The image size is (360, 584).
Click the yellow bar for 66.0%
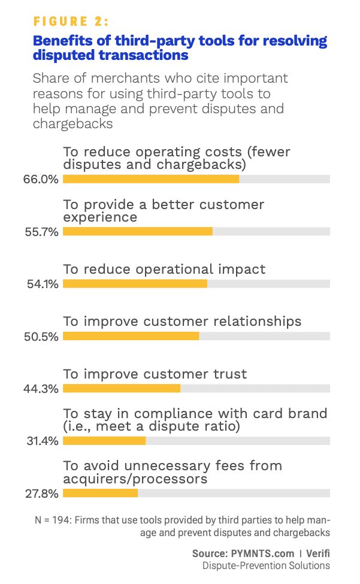[x=151, y=179]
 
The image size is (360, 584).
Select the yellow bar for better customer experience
[x=138, y=232]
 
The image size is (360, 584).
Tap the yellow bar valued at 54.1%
[x=135, y=284]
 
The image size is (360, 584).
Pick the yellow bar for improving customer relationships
[x=131, y=336]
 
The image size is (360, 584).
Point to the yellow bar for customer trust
[x=122, y=389]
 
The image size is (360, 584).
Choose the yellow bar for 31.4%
[x=104, y=441]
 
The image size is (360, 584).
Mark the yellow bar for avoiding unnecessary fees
[x=100, y=493]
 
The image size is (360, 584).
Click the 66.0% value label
[x=41, y=179]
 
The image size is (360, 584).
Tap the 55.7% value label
[x=42, y=232]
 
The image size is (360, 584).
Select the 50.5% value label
[x=41, y=337]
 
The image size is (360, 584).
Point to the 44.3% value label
[x=41, y=389]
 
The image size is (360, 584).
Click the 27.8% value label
[x=42, y=494]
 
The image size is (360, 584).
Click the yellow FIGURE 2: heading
[x=71, y=21]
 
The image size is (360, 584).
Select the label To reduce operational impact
[x=164, y=270]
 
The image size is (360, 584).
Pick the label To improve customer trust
[x=155, y=374]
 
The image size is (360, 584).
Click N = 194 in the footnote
[x=53, y=520]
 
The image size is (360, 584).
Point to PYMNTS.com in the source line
[x=262, y=553]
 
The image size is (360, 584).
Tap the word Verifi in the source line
[x=318, y=553]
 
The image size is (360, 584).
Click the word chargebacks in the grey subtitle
[x=72, y=123]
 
